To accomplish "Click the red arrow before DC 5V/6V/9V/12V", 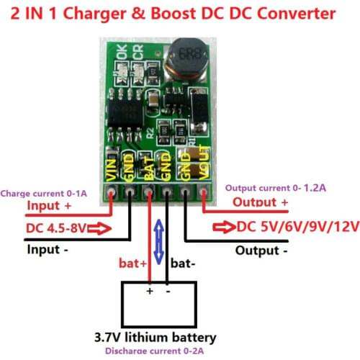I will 224,228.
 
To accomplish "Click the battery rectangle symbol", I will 159,305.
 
